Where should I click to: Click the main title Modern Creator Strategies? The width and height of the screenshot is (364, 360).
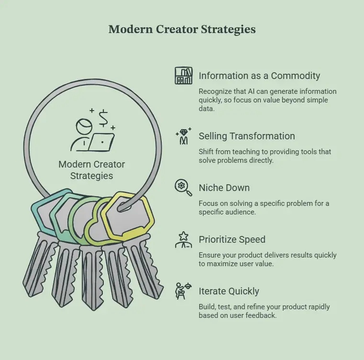[x=182, y=30]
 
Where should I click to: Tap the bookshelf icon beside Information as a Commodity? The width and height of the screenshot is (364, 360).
[x=183, y=76]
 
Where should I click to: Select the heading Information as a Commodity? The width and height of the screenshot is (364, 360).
[x=259, y=76]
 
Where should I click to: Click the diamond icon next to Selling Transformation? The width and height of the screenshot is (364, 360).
[x=183, y=136]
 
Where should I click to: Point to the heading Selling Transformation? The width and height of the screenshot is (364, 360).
[x=247, y=136]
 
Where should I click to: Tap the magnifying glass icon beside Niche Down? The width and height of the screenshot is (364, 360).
[x=183, y=188]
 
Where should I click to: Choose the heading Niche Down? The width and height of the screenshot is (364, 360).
[x=224, y=188]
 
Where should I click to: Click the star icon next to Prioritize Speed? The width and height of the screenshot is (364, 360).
[x=183, y=239]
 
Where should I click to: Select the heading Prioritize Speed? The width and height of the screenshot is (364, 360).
[x=232, y=240]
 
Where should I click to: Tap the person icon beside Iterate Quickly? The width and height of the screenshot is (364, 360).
[x=183, y=291]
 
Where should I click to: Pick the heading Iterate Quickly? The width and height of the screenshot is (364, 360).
[x=229, y=292]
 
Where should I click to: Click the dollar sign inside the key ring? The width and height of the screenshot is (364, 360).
[x=103, y=119]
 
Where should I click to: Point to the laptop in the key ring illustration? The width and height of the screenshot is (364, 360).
[x=101, y=142]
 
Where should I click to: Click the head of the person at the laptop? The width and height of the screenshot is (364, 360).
[x=84, y=126]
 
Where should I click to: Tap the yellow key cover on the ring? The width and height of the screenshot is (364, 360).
[x=128, y=216]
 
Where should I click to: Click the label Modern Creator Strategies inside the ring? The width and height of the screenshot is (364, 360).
[x=92, y=170]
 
